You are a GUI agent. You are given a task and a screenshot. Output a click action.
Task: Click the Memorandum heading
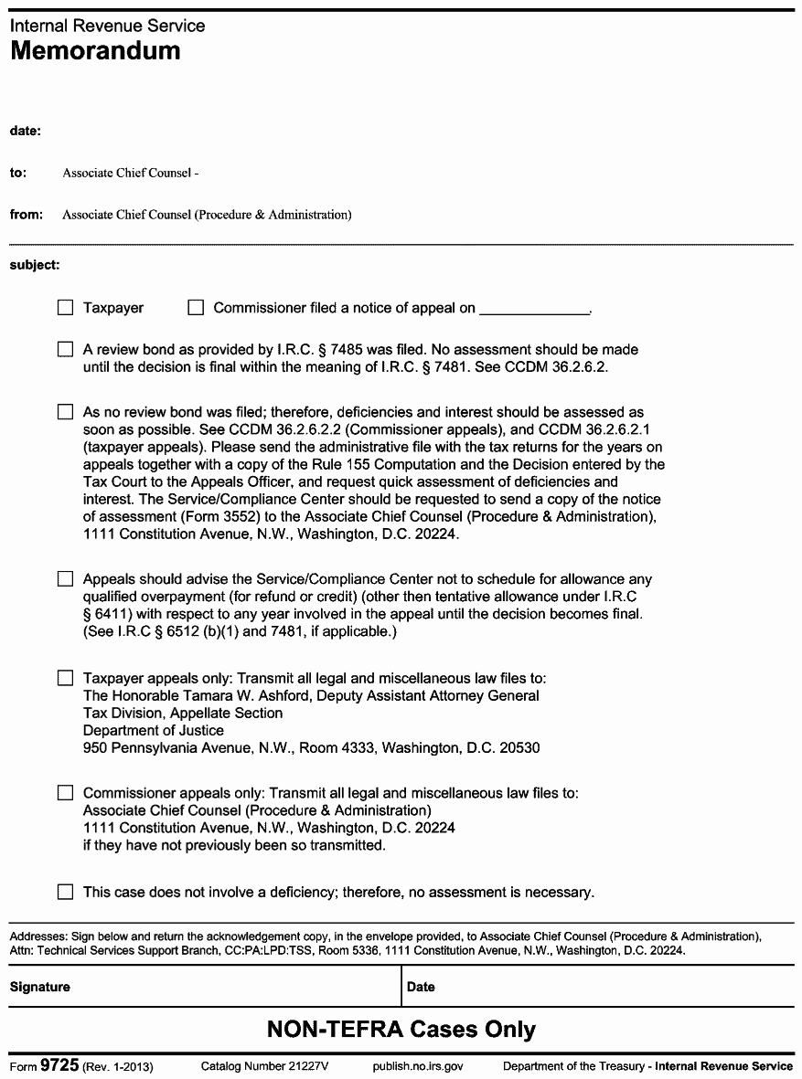point(95,51)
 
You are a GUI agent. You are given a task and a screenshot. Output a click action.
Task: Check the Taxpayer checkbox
point(65,308)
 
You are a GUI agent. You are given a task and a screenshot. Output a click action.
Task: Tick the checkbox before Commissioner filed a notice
point(195,308)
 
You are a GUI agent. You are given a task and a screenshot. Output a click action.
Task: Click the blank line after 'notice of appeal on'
point(535,309)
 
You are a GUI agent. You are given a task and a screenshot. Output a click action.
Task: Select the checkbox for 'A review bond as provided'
point(65,349)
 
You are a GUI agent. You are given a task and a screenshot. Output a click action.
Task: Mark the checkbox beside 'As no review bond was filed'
point(65,412)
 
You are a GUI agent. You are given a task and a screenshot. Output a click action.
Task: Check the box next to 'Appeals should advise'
point(65,578)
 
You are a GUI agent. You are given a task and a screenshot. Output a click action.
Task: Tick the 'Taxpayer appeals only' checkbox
point(65,678)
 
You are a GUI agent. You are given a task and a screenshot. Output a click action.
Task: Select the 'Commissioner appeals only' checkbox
point(65,793)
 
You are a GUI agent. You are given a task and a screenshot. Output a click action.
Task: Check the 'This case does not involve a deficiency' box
point(65,892)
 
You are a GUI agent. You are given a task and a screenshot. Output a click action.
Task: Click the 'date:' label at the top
point(26,131)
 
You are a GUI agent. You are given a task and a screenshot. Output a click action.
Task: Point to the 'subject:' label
point(35,265)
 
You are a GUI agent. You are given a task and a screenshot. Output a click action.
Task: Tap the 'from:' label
point(27,215)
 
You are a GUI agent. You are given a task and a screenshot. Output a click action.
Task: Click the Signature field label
point(40,987)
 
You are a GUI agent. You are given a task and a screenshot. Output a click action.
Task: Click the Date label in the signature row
point(421,987)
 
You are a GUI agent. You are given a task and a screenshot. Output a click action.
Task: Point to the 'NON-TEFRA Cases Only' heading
point(401,1030)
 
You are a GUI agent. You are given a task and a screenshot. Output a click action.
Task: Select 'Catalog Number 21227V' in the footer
point(264,1066)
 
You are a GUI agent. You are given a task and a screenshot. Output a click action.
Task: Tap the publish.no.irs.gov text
point(418,1066)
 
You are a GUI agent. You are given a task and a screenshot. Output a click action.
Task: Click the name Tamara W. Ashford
point(229,695)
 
